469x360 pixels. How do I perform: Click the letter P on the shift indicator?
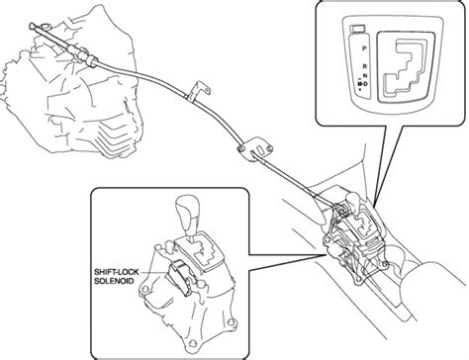pyautogui.click(x=364, y=48)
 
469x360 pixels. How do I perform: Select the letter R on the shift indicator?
pyautogui.click(x=365, y=66)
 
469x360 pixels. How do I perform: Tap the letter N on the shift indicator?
pyautogui.click(x=365, y=75)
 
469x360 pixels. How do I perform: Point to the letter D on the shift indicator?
pyautogui.click(x=366, y=84)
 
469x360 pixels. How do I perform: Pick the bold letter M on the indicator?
pyautogui.click(x=360, y=84)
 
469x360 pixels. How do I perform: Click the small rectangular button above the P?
pyautogui.click(x=357, y=29)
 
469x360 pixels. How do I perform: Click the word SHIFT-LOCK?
pyautogui.click(x=117, y=272)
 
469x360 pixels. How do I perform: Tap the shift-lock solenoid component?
pyautogui.click(x=179, y=275)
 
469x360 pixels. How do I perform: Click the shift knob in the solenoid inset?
pyautogui.click(x=187, y=215)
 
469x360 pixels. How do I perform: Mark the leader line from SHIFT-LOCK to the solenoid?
pyautogui.click(x=154, y=272)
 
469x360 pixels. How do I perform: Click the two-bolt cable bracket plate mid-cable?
pyautogui.click(x=254, y=149)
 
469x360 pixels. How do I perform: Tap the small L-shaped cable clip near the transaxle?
pyautogui.click(x=198, y=90)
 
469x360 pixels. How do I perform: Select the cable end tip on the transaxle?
pyautogui.click(x=33, y=25)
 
